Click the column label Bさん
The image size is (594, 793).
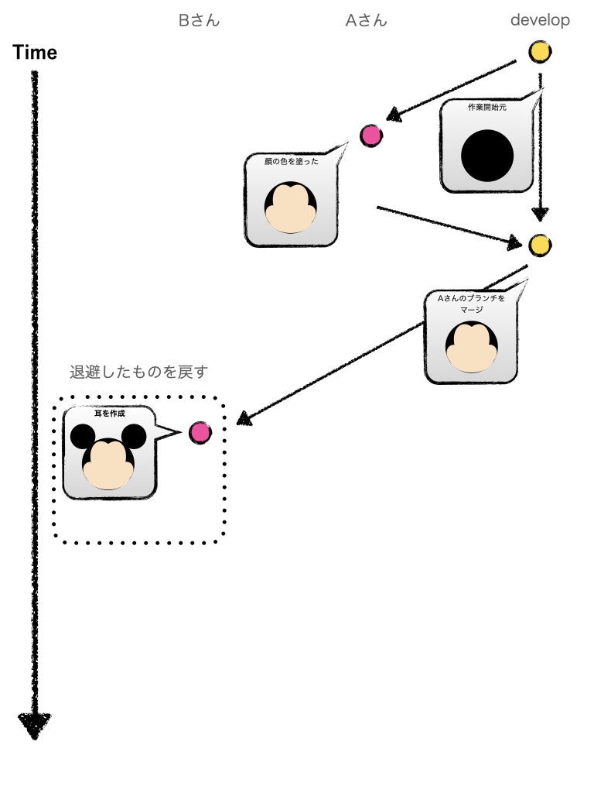[x=199, y=21]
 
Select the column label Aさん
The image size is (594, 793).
[x=366, y=21]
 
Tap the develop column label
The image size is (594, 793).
[x=540, y=21]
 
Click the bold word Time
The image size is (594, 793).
[x=35, y=53]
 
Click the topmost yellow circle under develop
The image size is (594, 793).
[x=540, y=53]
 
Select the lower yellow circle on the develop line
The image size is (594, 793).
[x=540, y=245]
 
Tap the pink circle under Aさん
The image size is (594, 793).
[x=372, y=136]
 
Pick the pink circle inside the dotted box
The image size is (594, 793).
[x=200, y=432]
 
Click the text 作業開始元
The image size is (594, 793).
[x=486, y=108]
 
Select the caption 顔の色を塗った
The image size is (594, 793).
[x=291, y=162]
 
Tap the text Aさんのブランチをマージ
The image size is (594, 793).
[x=471, y=304]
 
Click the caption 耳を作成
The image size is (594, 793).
[x=109, y=414]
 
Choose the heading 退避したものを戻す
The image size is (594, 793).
[x=138, y=372]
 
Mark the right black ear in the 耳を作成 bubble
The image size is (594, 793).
[x=134, y=437]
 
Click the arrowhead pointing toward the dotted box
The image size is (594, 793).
[x=243, y=420]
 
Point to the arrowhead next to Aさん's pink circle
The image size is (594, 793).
[x=394, y=116]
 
